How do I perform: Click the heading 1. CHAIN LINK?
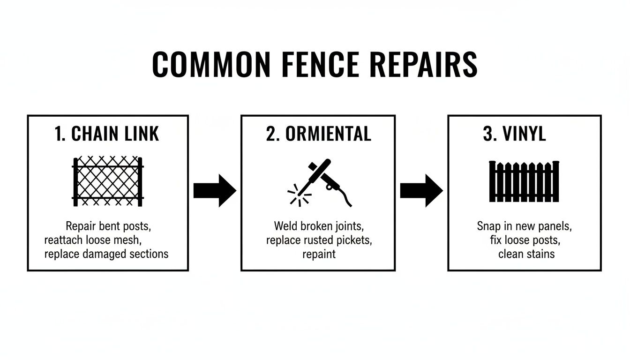(107, 134)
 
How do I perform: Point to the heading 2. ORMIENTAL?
(318, 134)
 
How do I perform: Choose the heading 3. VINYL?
(514, 134)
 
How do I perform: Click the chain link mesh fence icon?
(108, 182)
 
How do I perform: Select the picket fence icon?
(524, 181)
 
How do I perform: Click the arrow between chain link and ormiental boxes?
(215, 190)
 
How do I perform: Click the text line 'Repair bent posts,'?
(108, 226)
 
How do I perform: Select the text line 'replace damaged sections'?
(106, 254)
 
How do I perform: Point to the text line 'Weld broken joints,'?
(318, 226)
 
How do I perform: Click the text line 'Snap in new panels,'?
(524, 226)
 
